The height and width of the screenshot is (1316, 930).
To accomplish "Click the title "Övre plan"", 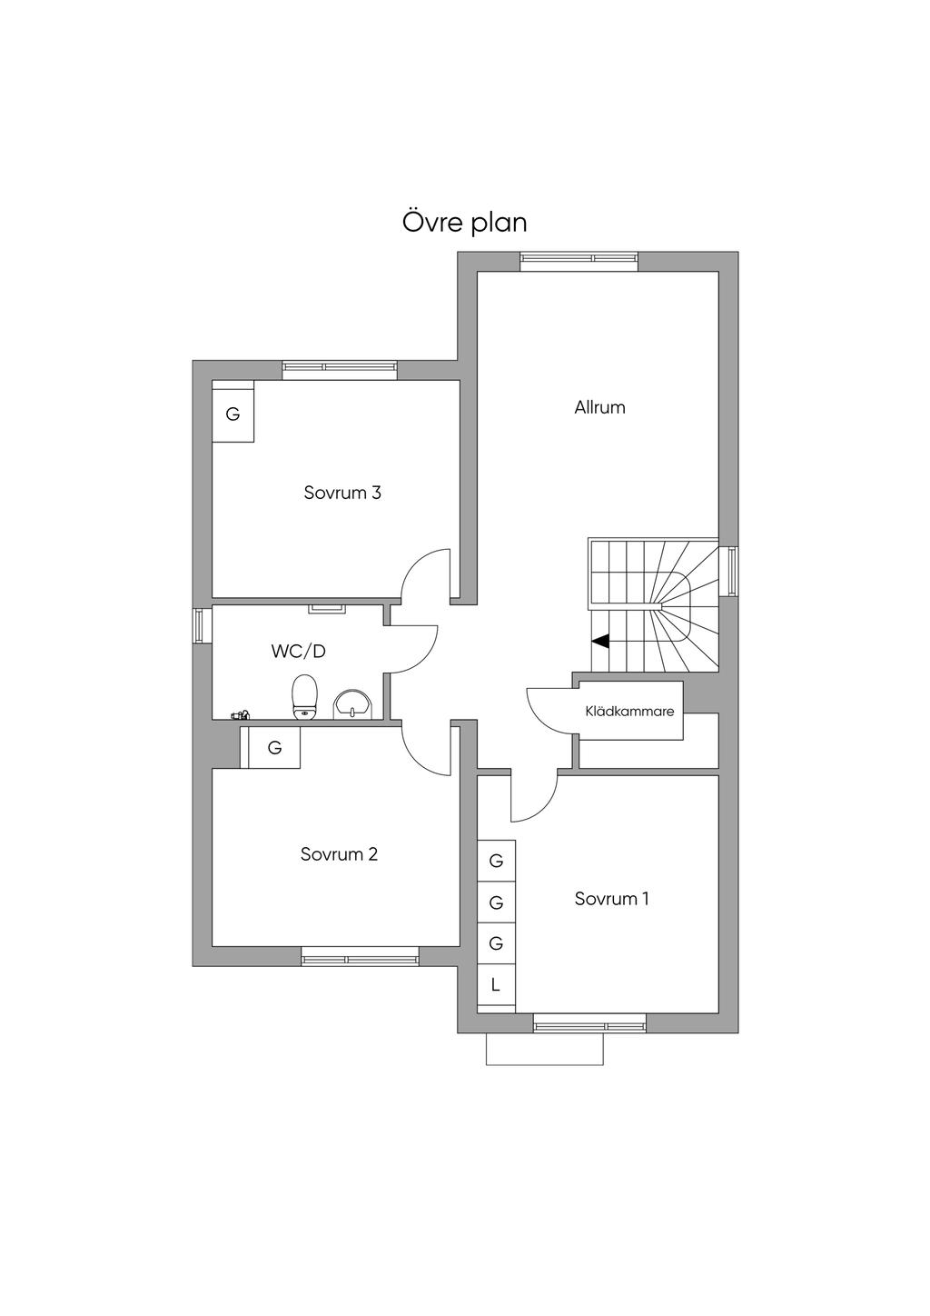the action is click(x=464, y=222).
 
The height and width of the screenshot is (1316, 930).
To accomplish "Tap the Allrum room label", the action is click(x=599, y=407).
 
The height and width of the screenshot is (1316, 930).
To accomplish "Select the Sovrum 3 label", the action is click(x=342, y=493).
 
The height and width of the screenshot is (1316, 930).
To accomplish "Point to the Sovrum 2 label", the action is click(x=339, y=853).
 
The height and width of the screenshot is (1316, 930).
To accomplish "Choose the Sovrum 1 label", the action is click(x=612, y=899).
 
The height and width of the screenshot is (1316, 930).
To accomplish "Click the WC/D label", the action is click(x=298, y=651).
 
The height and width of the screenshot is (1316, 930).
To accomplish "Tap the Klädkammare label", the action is click(x=630, y=712).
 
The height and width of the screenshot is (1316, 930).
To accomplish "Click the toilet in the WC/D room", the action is click(x=305, y=696).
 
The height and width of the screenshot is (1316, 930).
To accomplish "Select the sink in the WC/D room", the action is click(x=352, y=704).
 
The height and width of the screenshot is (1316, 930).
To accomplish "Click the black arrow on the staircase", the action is click(x=600, y=642).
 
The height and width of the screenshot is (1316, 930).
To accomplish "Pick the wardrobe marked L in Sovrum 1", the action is click(x=496, y=985).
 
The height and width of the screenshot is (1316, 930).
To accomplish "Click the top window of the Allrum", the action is click(x=579, y=262).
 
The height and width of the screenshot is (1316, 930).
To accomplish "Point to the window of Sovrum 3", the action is click(x=340, y=370).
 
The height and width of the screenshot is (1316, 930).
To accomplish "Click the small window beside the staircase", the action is click(x=729, y=571).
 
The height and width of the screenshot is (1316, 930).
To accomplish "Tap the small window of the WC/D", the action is click(x=202, y=625).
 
